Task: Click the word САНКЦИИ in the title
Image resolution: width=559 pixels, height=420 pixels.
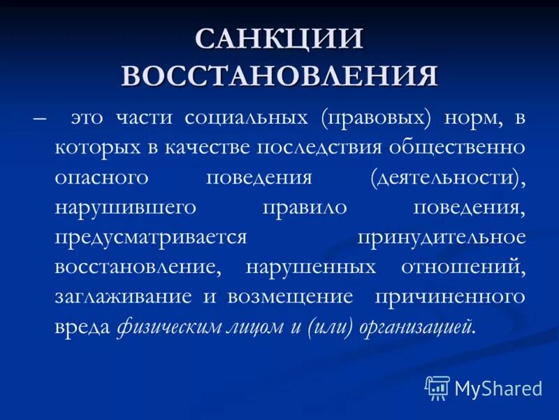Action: point(279,40)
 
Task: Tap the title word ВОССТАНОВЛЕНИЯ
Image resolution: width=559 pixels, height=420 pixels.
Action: point(279,75)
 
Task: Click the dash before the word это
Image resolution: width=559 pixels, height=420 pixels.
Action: point(39,118)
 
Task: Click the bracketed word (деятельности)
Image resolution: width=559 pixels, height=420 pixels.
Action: point(448,178)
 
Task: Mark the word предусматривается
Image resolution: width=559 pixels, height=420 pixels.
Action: point(151,237)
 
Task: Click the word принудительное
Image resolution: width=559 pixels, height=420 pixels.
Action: point(442,237)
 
